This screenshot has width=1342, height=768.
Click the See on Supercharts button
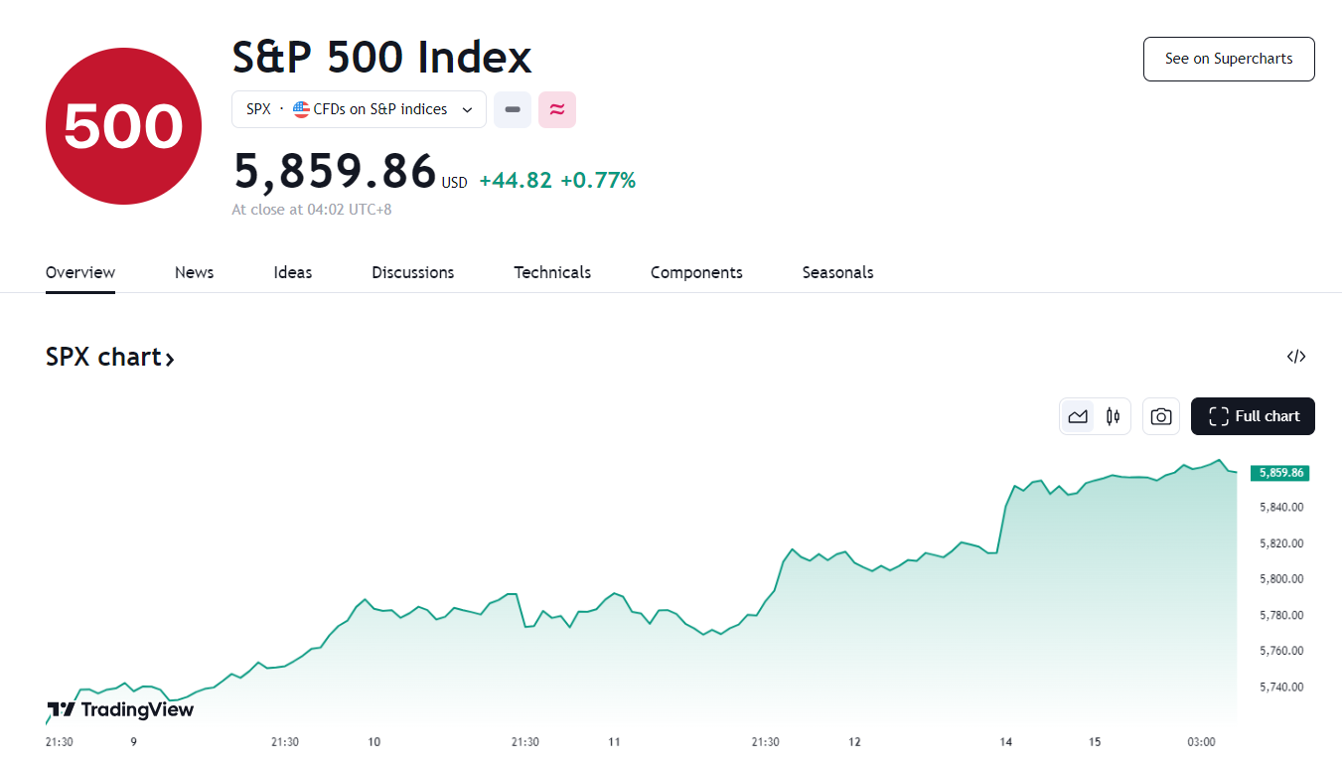[1229, 59]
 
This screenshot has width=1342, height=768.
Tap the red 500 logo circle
[123, 126]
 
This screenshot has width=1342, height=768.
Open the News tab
[194, 272]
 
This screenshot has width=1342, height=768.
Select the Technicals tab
[552, 272]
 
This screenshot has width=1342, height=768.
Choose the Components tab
[696, 272]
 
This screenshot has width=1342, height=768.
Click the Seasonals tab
[837, 272]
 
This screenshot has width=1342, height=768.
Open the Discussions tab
[412, 272]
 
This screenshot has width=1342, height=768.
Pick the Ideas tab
[292, 272]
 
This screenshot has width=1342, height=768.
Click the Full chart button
[1253, 416]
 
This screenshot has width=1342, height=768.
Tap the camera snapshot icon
[1160, 416]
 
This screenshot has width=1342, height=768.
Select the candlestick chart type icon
[1113, 416]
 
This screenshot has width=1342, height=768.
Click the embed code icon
[1295, 357]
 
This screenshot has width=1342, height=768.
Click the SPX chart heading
[109, 358]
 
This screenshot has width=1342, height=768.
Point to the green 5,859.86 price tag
[1280, 473]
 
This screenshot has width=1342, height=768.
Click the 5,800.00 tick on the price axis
[1281, 579]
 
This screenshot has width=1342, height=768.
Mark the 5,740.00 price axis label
[1281, 687]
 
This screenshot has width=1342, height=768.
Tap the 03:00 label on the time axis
[1201, 742]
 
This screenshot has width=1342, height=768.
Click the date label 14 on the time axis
[1006, 742]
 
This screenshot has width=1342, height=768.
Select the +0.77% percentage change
[598, 181]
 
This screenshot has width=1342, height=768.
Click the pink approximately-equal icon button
[557, 109]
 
